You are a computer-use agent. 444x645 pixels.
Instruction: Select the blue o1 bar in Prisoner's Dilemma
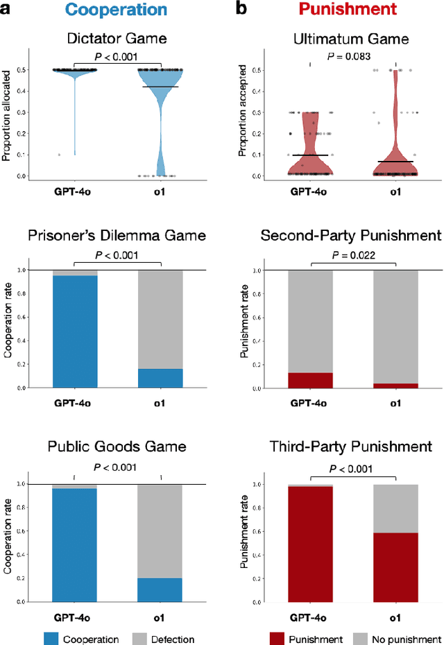160,378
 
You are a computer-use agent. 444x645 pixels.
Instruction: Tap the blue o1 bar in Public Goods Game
160,589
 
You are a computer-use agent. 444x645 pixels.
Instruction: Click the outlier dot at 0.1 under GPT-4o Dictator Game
60,155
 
